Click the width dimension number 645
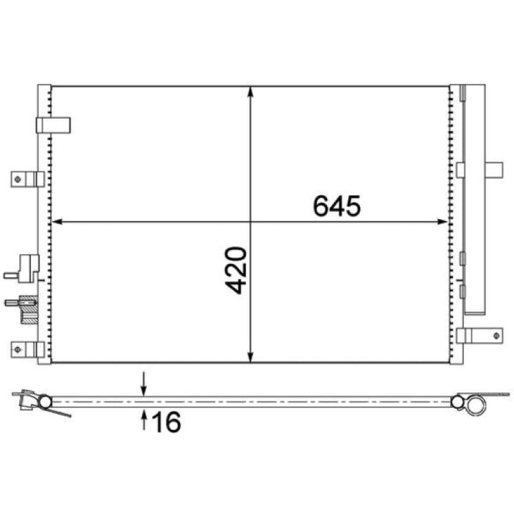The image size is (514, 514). pyautogui.click(x=337, y=206)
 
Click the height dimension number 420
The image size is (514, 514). pyautogui.click(x=235, y=270)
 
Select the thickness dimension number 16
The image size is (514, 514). pyautogui.click(x=166, y=422)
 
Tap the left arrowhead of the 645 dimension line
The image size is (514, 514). pyautogui.click(x=57, y=222)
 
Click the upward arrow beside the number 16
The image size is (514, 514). pyautogui.click(x=143, y=420)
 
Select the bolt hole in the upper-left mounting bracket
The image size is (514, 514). pyautogui.click(x=18, y=179)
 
